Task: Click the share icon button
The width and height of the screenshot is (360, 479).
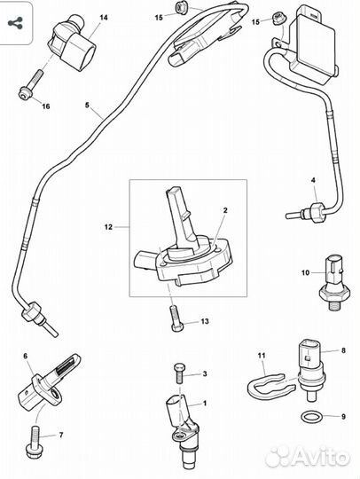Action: coord(15,23)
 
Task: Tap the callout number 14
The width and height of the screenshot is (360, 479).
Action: coord(104,18)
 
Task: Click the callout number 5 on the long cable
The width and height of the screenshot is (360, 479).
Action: coord(87,105)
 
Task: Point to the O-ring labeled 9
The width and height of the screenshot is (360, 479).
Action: coord(310,416)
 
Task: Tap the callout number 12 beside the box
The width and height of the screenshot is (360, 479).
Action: coord(108,227)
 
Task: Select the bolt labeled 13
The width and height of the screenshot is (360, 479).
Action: coord(176,318)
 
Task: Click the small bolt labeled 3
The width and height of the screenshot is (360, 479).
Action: coord(179,373)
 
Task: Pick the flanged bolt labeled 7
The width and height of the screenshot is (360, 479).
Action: coord(35,443)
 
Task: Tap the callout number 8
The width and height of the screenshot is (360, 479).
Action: coord(343,350)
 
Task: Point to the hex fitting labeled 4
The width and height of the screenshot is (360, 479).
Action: coord(317,211)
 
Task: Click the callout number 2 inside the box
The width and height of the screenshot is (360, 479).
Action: coord(225,210)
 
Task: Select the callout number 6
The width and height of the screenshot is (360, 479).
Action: coord(26,356)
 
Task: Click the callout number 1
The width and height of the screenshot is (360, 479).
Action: coord(205,404)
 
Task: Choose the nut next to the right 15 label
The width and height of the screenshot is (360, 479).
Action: coord(278,18)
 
